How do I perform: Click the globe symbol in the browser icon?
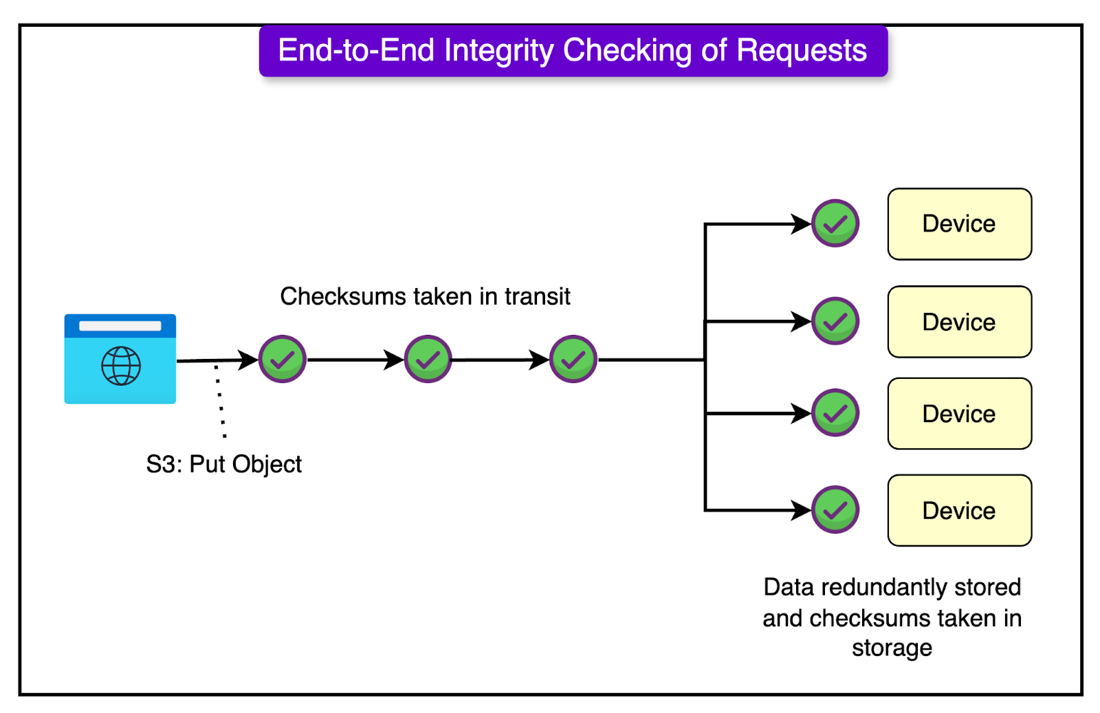[121, 366]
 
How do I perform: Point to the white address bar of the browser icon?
[120, 326]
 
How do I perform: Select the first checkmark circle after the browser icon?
[283, 359]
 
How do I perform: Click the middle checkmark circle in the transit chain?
[428, 359]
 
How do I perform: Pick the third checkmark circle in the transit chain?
[573, 359]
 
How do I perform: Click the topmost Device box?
[959, 224]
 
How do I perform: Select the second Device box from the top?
[959, 322]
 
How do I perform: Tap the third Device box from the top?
[959, 414]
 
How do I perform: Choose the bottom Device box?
[959, 511]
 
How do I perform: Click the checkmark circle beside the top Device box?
[835, 223]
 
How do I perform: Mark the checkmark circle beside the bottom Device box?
[835, 510]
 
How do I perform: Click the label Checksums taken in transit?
[425, 296]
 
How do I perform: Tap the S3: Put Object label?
[223, 464]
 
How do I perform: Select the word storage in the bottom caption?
[892, 648]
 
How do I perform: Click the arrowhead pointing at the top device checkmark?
[802, 223]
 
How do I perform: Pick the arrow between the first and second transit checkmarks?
[354, 359]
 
